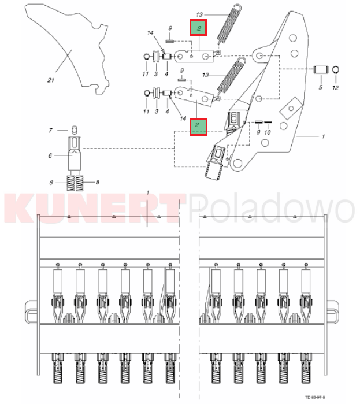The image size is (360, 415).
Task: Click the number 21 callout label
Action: click(51, 80)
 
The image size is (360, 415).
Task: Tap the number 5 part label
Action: click(321, 87)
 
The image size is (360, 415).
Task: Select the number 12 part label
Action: click(335, 88)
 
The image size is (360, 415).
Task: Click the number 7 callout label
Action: click(50, 130)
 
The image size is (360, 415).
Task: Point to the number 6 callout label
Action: click(50, 155)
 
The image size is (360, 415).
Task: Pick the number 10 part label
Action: click(268, 132)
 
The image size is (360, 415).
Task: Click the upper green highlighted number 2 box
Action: click(198, 27)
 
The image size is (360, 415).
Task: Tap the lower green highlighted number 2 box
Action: click(198, 127)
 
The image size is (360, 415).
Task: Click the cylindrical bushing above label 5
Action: click(321, 70)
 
